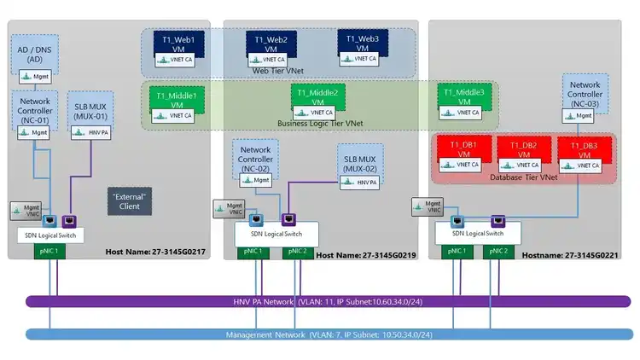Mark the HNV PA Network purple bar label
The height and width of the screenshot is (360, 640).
[329, 301]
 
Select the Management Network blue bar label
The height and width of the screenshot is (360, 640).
[329, 334]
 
